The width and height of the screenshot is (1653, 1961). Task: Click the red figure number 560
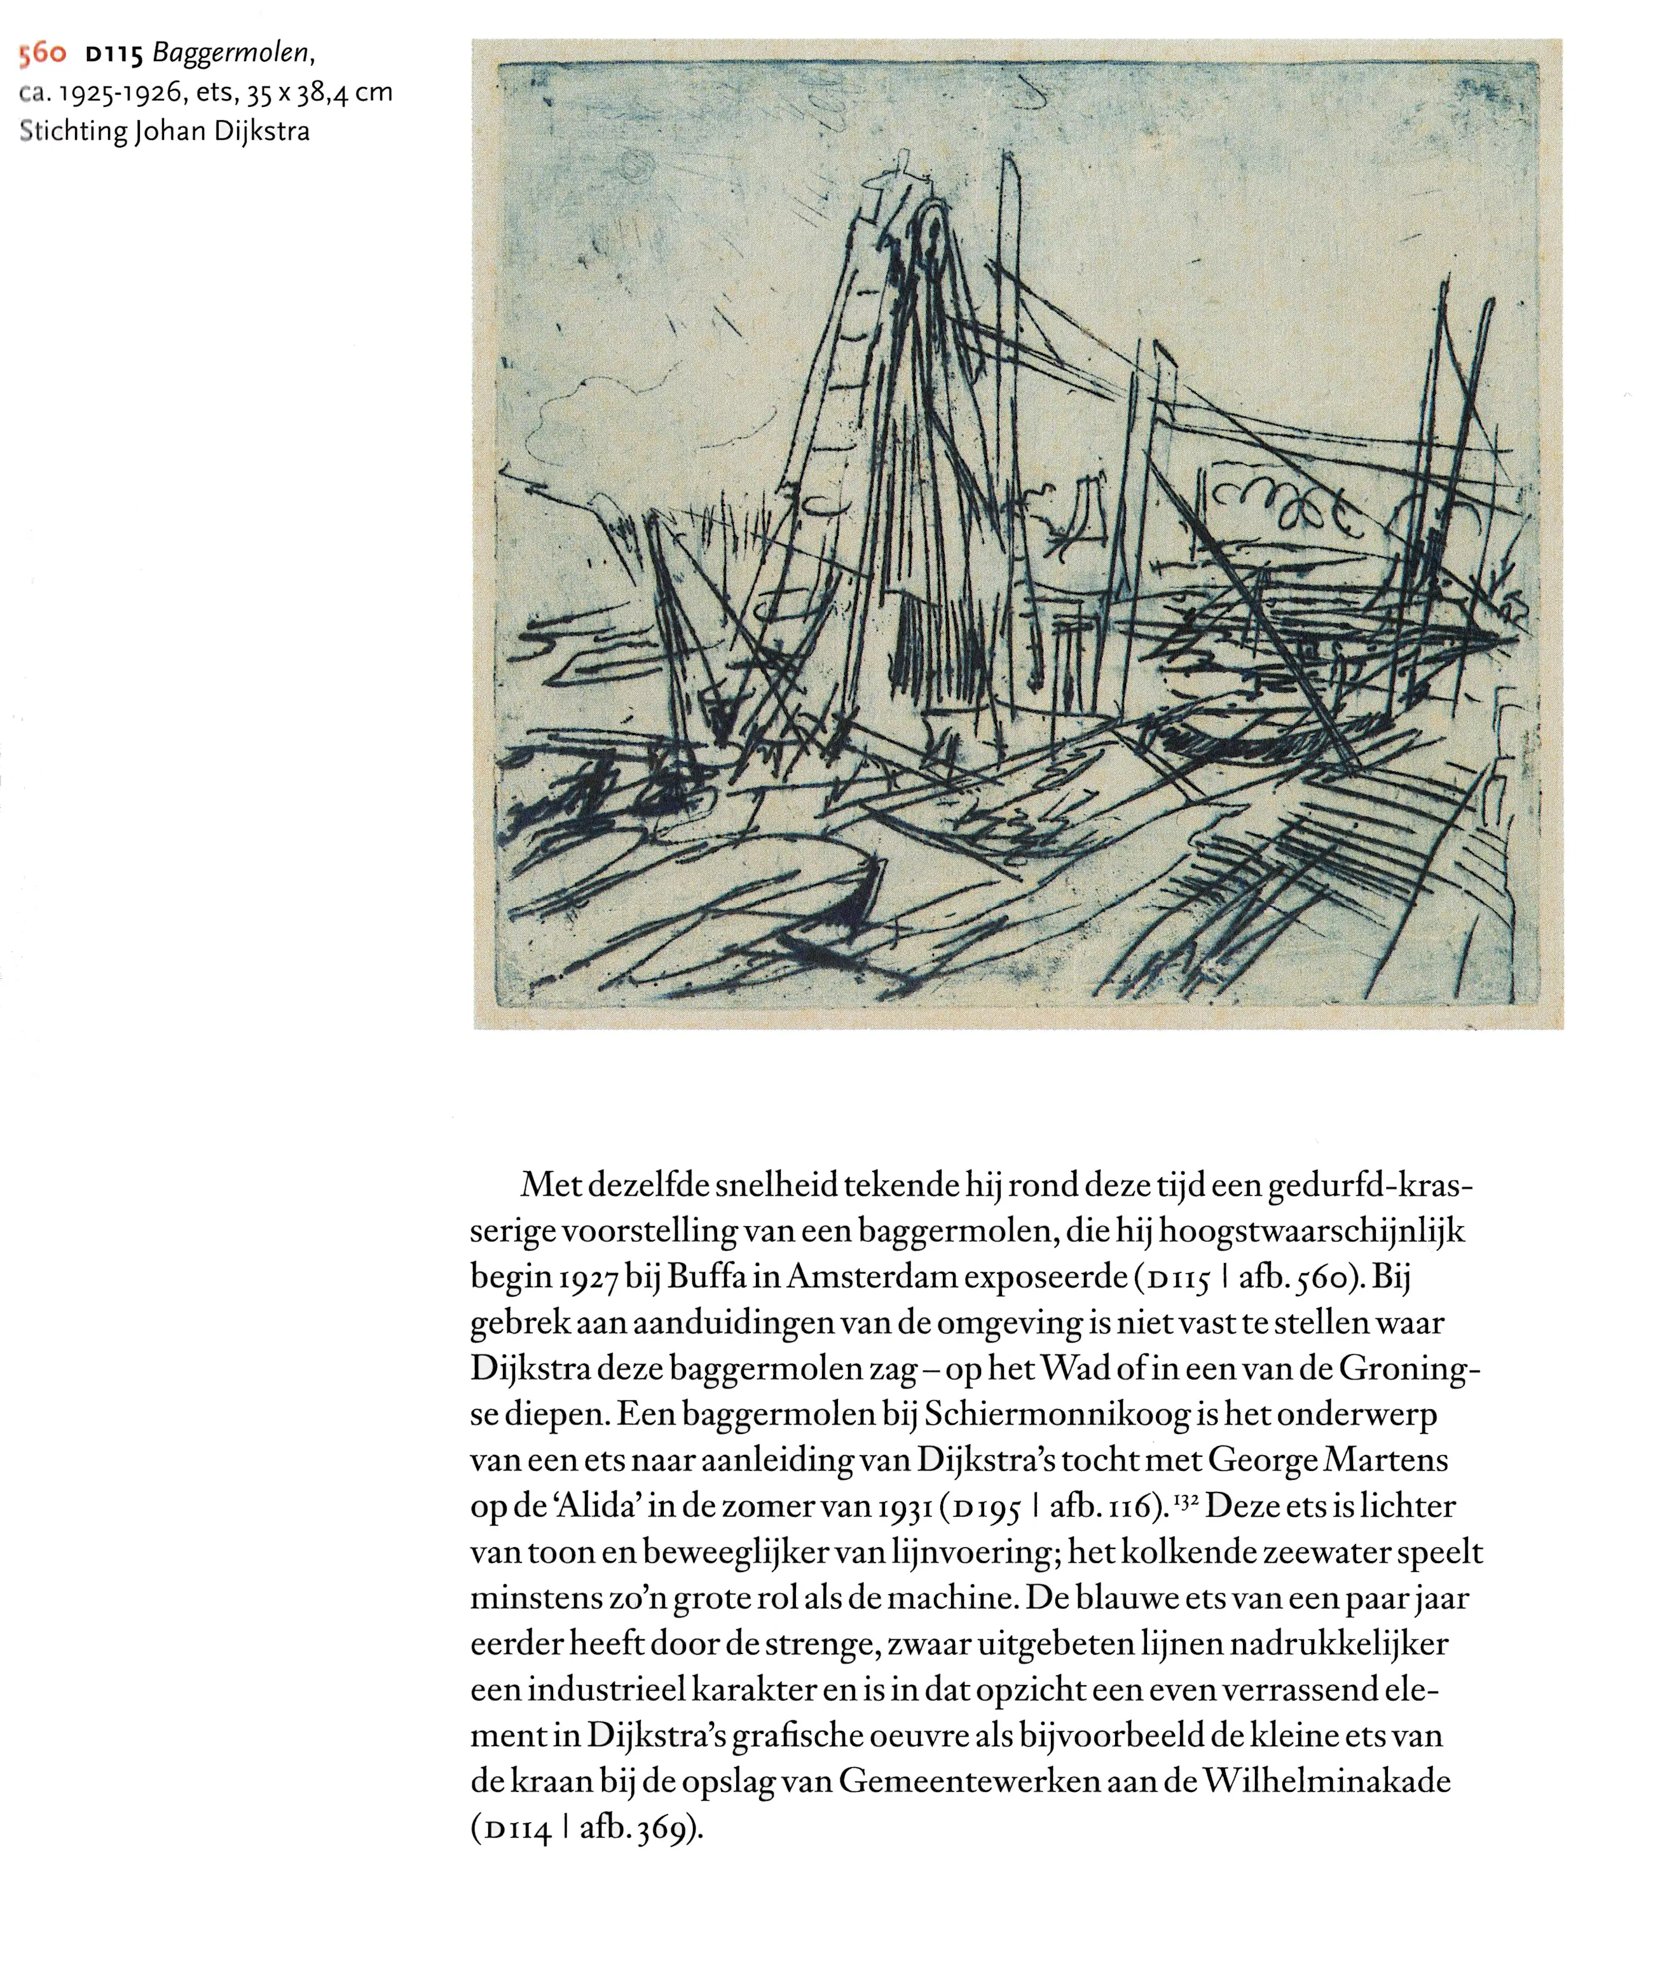[42, 54]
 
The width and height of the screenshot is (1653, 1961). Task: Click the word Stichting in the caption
[72, 130]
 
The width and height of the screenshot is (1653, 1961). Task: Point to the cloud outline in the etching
[600, 403]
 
